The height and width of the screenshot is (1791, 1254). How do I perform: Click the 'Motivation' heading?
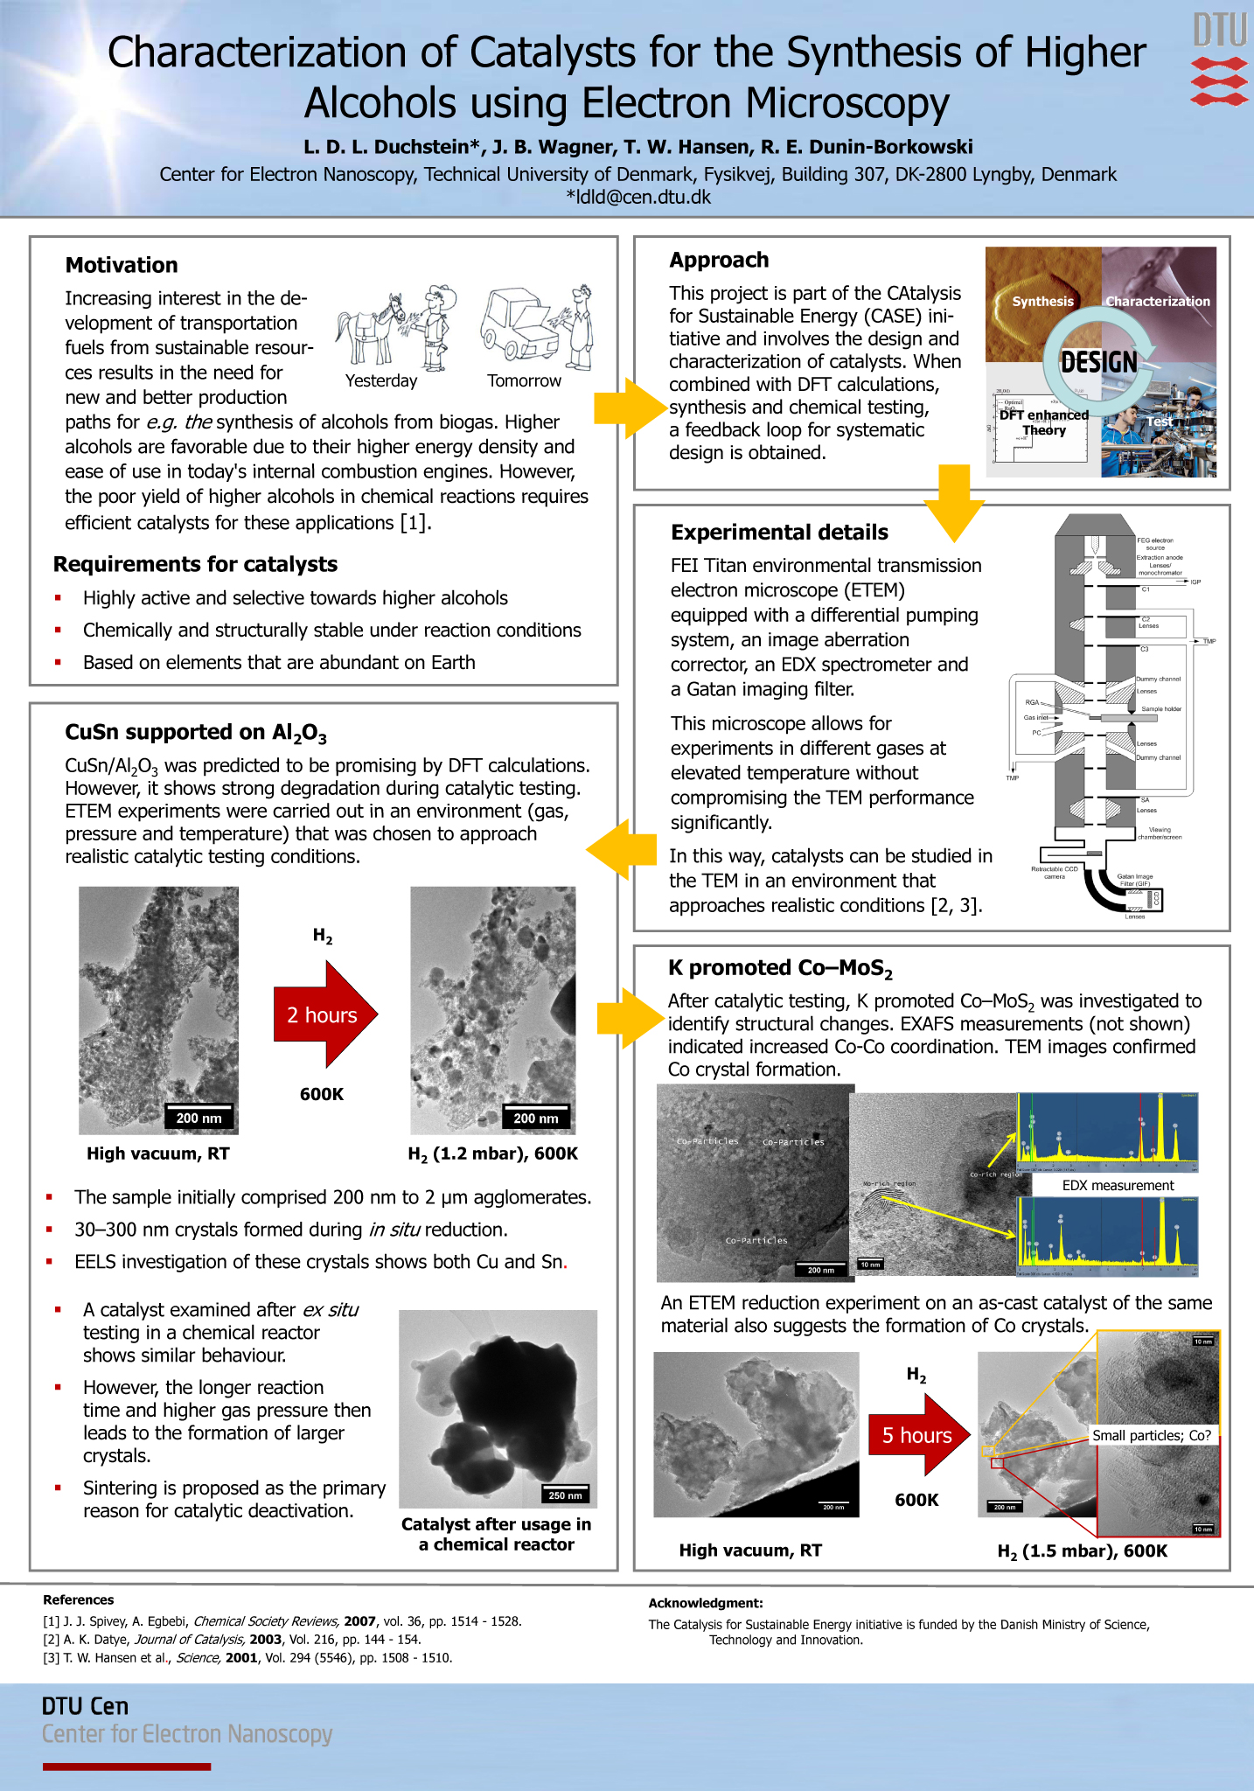122,265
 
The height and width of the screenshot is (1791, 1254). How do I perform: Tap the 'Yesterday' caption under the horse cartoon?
381,380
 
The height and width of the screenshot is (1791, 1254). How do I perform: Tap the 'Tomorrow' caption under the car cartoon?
524,380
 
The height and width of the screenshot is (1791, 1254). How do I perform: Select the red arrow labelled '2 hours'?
324,1014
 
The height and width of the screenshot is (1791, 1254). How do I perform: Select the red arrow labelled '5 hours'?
918,1435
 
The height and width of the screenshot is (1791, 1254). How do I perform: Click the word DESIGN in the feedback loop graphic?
1098,362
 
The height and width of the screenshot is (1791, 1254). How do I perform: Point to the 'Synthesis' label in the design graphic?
1042,301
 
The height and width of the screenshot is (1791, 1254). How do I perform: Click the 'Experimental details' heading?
779,532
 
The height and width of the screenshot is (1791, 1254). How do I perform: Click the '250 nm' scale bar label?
565,1495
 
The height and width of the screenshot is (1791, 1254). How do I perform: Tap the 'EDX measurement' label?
1118,1185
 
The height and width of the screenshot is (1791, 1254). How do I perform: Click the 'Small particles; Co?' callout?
1152,1435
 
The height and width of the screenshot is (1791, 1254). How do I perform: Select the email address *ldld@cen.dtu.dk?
638,197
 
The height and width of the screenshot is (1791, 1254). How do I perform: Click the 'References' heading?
79,1599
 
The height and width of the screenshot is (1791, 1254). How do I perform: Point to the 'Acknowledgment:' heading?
706,1603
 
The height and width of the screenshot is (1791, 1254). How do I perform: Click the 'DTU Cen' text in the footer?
85,1706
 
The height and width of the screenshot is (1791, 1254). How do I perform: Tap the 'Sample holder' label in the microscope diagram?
1160,708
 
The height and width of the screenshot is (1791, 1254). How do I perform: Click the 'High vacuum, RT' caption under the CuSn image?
158,1153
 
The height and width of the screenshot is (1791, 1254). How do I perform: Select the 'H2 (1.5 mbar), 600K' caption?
1082,1551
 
